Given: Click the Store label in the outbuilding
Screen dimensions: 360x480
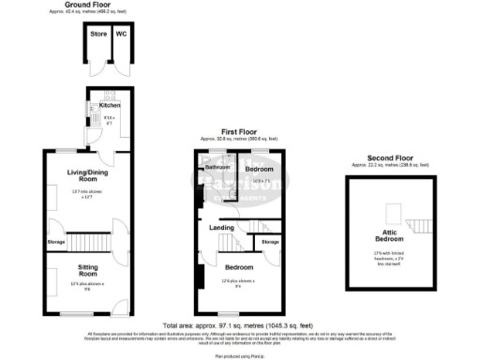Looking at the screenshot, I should coord(97,34).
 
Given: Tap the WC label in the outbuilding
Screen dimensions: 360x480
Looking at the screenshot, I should coord(120,34).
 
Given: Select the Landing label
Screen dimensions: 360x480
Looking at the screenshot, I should coord(221,227).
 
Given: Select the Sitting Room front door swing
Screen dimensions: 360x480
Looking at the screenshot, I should coord(118,305).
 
